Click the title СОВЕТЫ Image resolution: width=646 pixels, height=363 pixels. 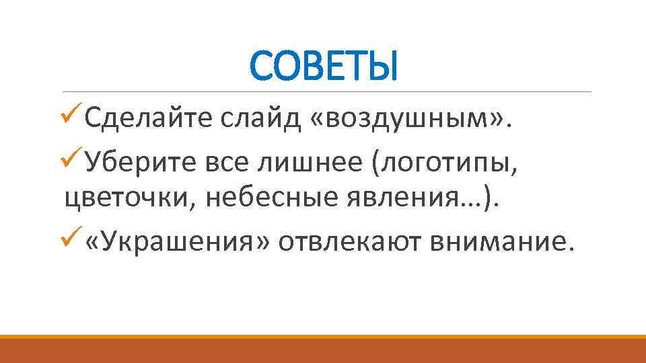coord(324,66)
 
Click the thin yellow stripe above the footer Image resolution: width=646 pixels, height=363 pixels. coord(323,337)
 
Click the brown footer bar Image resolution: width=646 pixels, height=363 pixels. coord(323,351)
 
